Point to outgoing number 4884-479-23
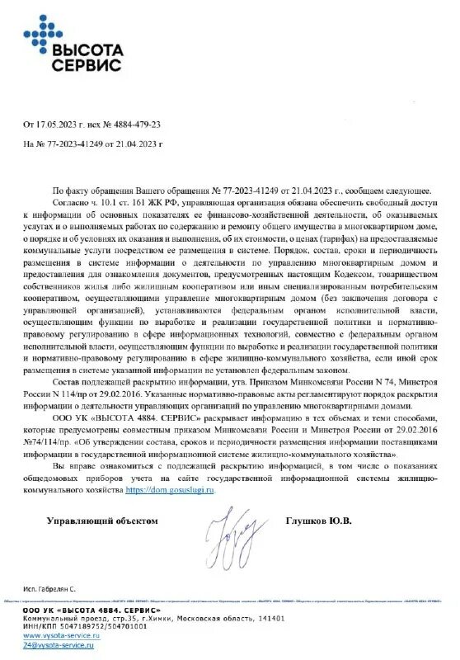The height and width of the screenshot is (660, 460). tap(134, 125)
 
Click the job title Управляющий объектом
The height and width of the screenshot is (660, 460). tap(101, 521)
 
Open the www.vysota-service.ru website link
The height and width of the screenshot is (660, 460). tap(58, 635)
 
